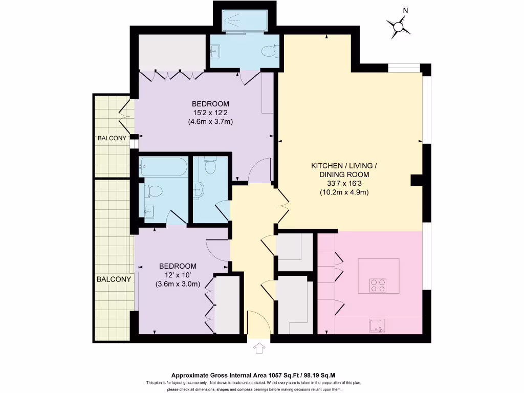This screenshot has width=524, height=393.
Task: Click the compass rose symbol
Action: coord(398,26)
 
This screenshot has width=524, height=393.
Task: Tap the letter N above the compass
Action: coord(405,10)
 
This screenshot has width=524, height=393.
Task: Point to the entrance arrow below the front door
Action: coord(259,348)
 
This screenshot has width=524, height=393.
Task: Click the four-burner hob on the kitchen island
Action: coord(378,285)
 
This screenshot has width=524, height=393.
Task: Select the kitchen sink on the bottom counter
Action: coord(377,324)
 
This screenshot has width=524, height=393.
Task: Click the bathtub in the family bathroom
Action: coord(164,167)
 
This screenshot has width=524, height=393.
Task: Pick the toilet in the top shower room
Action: coord(269,51)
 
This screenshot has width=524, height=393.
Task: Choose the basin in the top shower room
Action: coord(215,51)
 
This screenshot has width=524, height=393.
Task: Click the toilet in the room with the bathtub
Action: coord(154,191)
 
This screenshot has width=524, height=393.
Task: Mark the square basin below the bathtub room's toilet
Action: coord(149,211)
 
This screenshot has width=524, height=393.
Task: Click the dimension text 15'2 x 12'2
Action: coord(210,113)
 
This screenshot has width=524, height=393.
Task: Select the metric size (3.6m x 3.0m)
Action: coord(178,285)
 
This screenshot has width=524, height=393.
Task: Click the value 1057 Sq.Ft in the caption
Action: coord(283,375)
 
